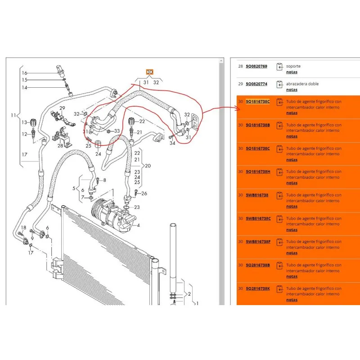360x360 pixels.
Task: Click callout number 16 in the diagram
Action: click(x=25, y=73)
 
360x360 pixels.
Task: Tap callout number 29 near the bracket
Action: click(x=62, y=108)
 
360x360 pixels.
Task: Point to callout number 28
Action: click(x=59, y=145)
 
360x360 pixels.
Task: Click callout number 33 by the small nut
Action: click(x=117, y=131)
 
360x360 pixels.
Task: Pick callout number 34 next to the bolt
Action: click(x=172, y=143)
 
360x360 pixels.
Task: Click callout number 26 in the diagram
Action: click(x=144, y=194)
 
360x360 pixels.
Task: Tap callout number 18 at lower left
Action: click(x=23, y=227)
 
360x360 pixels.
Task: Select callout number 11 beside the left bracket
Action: click(x=14, y=116)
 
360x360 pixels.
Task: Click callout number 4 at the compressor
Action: click(x=138, y=225)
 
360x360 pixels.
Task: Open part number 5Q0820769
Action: click(x=256, y=66)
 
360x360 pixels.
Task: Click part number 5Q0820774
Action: click(x=256, y=84)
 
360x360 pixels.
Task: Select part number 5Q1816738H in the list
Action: click(x=258, y=171)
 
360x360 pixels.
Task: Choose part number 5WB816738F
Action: click(x=258, y=242)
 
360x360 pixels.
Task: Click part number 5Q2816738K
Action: click(x=258, y=288)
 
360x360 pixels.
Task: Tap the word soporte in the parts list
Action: click(x=293, y=66)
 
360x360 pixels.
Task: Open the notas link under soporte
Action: click(x=292, y=72)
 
